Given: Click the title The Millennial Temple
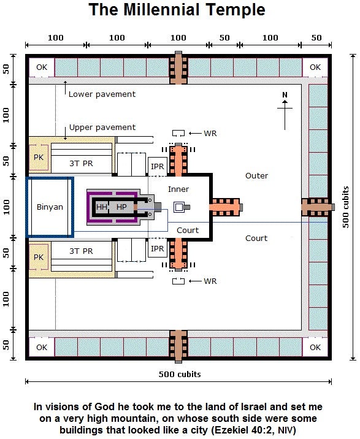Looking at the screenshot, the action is click(177, 10).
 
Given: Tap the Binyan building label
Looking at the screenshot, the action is click(50, 207).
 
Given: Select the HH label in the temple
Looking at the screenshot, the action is click(101, 207).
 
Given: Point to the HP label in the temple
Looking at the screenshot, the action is click(121, 207).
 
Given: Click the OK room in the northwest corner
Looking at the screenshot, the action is click(42, 67).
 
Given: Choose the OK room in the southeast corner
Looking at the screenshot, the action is click(315, 348).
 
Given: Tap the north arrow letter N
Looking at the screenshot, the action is click(285, 95).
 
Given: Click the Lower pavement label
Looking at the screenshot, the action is click(102, 94).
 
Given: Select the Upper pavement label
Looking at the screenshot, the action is click(102, 128).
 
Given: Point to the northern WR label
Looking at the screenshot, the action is click(210, 134).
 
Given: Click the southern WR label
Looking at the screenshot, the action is click(210, 281).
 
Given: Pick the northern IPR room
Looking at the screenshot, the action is click(158, 167).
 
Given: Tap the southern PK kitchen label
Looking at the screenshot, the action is click(39, 258).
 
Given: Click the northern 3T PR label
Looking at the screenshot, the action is click(81, 164).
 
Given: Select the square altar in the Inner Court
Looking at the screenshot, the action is click(178, 207).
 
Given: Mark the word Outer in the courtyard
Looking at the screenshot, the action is click(256, 176).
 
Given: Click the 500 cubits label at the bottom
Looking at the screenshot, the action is click(180, 375).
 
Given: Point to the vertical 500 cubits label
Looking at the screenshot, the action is click(346, 207).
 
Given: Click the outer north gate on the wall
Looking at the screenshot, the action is click(178, 68).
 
